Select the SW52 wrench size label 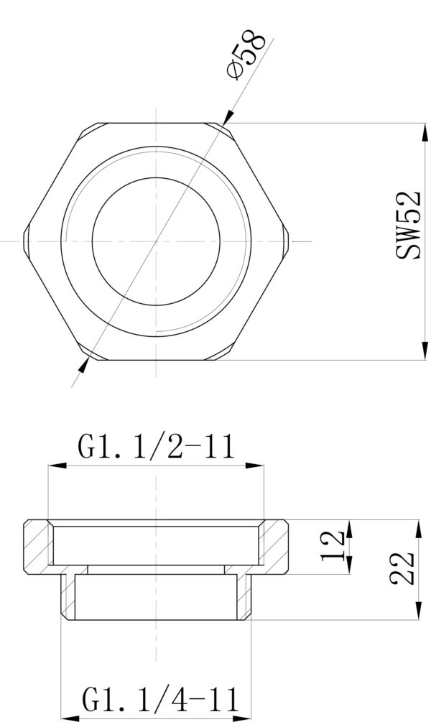tap(408, 225)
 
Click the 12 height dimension tap(333, 546)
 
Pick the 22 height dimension tap(402, 568)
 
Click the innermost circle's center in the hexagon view tap(156, 241)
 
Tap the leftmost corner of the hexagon tap(24, 241)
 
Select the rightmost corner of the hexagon tap(289, 241)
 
